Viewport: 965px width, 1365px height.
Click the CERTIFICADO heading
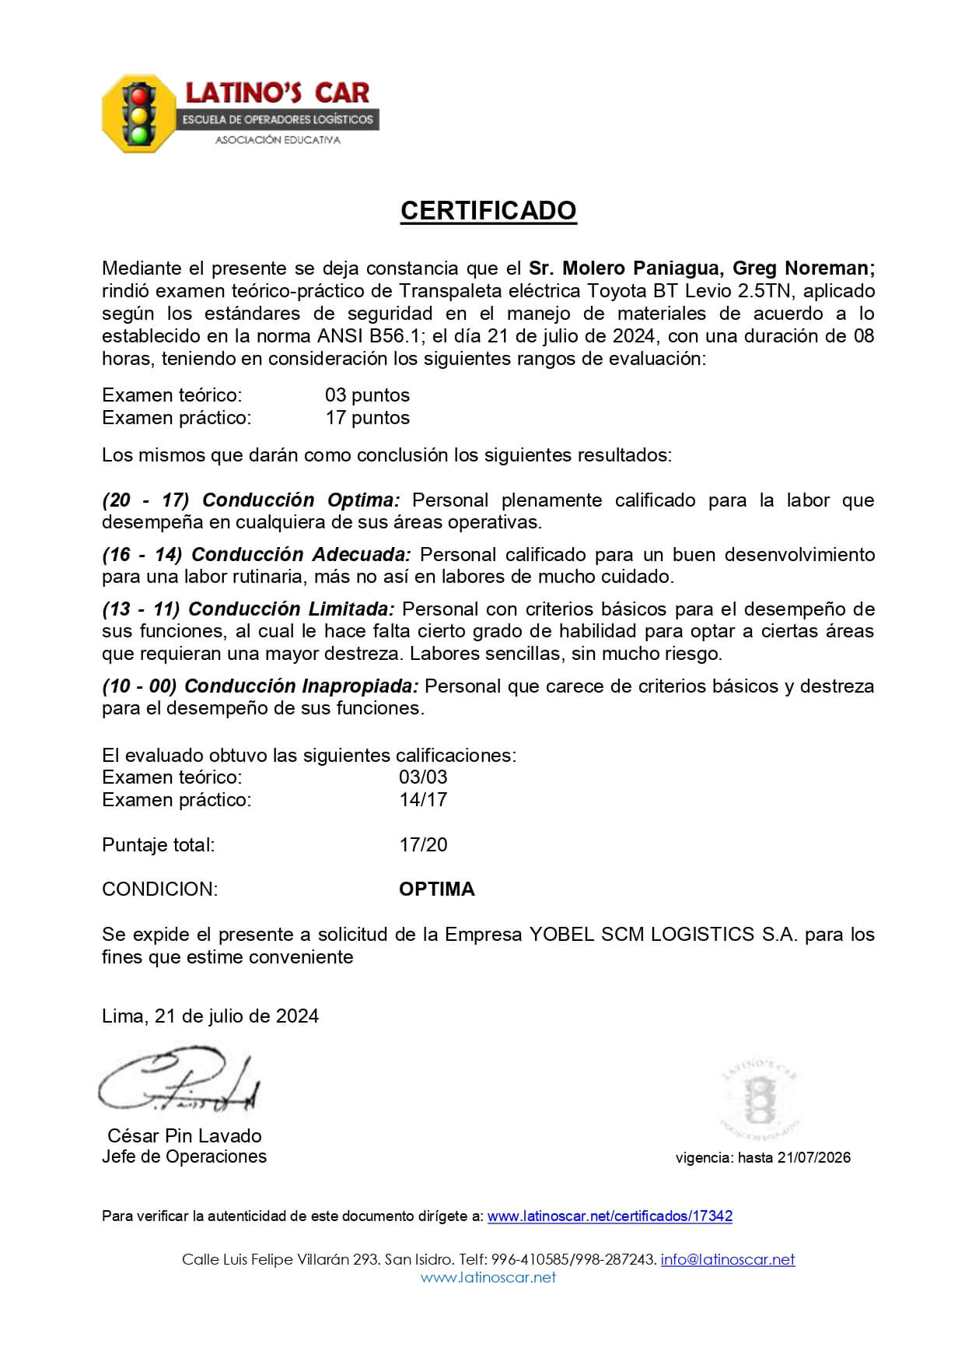(x=488, y=211)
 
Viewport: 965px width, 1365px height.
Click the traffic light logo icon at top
(x=140, y=114)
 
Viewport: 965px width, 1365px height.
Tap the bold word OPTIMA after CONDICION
(x=436, y=890)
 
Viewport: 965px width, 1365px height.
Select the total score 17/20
(x=423, y=845)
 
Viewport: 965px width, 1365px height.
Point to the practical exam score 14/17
(x=423, y=800)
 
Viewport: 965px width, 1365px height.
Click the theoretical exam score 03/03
(x=423, y=777)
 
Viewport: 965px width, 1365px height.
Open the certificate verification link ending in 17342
(x=610, y=1216)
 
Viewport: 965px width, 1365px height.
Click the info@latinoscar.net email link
(x=728, y=1260)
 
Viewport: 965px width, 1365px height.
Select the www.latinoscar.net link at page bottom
(x=488, y=1277)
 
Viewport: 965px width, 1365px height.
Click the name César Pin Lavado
(x=184, y=1136)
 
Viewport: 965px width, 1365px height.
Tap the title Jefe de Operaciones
(x=184, y=1157)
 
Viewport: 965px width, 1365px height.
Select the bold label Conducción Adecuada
(x=301, y=555)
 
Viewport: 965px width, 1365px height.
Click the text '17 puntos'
(x=367, y=418)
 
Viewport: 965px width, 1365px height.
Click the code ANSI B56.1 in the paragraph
(x=370, y=336)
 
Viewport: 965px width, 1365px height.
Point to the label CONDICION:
(x=160, y=890)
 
